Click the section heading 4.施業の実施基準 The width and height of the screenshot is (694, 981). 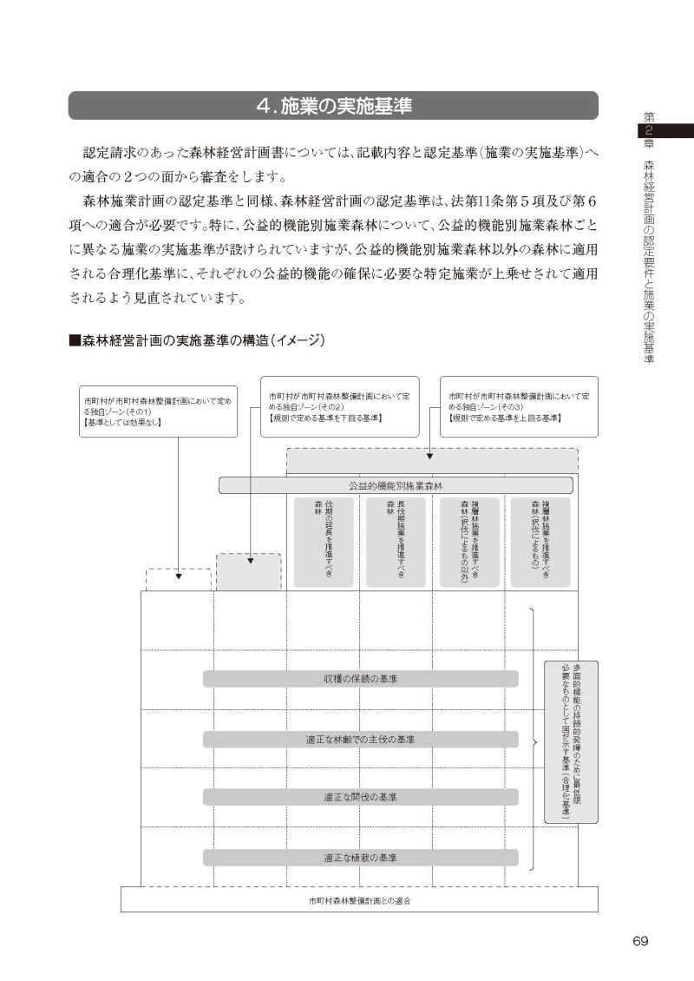tap(333, 106)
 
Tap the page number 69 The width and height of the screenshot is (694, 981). tap(640, 941)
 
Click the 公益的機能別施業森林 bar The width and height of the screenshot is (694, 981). tap(396, 485)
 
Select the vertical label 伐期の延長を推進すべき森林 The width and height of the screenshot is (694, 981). tap(323, 540)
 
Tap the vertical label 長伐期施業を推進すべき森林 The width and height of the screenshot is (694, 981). tap(396, 540)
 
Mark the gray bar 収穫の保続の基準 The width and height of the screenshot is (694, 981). tap(360, 678)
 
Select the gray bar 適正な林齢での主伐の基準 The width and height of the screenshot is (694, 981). tap(360, 739)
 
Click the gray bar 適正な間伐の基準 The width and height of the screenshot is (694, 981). tap(360, 797)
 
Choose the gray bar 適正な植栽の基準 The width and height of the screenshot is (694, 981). tap(360, 858)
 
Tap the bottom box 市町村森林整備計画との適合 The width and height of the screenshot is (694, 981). tap(359, 900)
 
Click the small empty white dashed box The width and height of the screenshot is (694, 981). tap(178, 580)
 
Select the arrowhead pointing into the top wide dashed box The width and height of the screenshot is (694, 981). tap(430, 455)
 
